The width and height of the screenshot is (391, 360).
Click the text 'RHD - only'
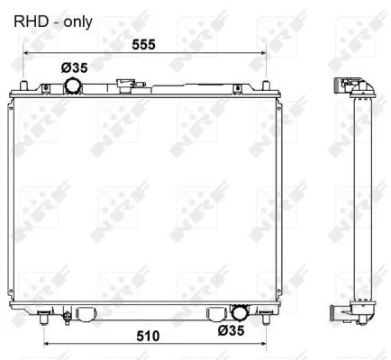53,20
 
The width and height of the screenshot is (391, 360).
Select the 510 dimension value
148,336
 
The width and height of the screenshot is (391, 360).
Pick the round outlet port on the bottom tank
240,313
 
